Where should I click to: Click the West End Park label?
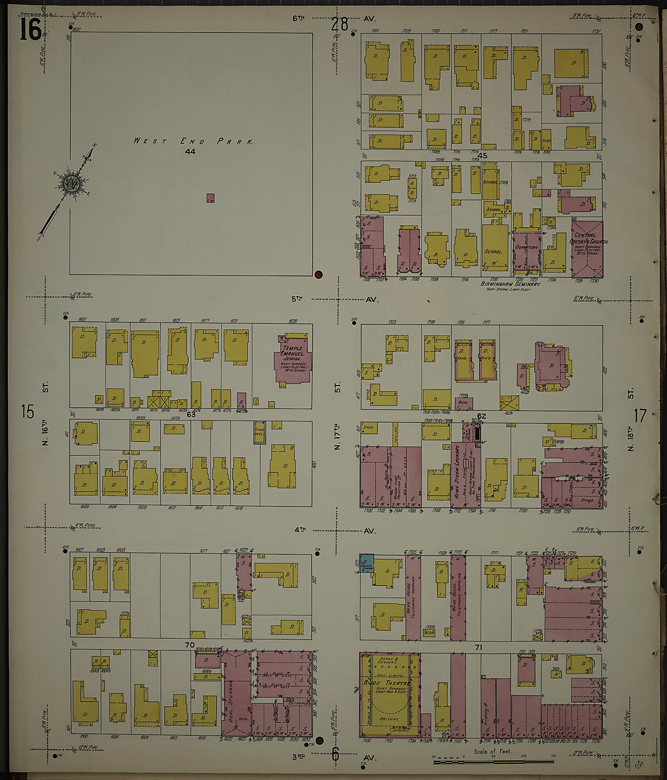click(193, 141)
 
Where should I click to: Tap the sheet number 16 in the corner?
click(30, 30)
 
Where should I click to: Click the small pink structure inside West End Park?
click(210, 198)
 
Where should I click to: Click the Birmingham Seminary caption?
click(510, 284)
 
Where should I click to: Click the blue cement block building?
click(367, 563)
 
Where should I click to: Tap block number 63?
click(191, 415)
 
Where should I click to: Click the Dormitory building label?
click(527, 247)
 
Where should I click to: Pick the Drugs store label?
click(588, 500)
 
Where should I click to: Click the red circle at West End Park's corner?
click(319, 274)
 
